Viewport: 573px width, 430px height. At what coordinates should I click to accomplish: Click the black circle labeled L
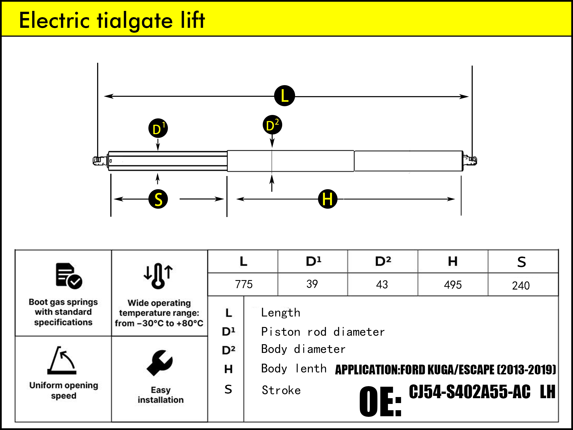(x=284, y=96)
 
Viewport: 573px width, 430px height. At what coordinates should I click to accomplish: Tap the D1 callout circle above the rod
(x=158, y=128)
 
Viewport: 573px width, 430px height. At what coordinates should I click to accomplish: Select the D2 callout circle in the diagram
(x=272, y=125)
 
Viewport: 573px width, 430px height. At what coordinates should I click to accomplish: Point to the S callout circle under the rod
(x=158, y=199)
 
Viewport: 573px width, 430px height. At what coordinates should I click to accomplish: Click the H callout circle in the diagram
(x=327, y=199)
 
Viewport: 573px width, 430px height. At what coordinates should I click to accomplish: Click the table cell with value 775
(x=244, y=284)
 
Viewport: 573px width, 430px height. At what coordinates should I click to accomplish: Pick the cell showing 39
(x=312, y=284)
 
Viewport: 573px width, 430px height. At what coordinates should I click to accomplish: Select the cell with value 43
(x=382, y=284)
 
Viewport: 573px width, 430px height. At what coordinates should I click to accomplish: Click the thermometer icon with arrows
(x=158, y=275)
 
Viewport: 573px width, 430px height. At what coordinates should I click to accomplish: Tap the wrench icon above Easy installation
(x=160, y=363)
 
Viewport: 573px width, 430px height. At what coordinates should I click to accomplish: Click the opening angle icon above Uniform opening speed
(x=62, y=361)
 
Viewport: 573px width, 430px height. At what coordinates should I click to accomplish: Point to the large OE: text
(x=380, y=401)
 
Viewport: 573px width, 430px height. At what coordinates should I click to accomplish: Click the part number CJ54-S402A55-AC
(x=469, y=392)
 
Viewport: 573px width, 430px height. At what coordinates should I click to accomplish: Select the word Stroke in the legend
(x=281, y=390)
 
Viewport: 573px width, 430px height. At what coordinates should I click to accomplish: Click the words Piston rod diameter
(x=323, y=332)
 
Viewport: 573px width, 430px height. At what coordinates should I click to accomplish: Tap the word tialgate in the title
(x=135, y=21)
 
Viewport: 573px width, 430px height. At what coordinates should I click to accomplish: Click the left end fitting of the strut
(x=98, y=161)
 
